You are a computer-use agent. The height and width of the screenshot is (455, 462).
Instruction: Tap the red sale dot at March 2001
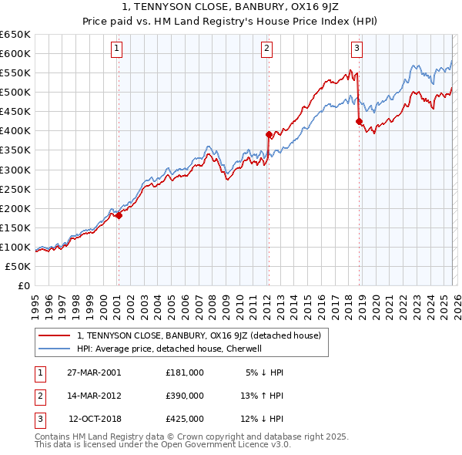point(119,216)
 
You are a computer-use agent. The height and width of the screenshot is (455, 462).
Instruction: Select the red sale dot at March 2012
point(269,134)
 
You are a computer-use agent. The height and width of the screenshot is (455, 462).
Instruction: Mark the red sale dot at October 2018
point(359,121)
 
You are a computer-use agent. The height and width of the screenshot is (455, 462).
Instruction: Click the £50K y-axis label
point(18,266)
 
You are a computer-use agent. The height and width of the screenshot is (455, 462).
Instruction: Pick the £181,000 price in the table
point(185,372)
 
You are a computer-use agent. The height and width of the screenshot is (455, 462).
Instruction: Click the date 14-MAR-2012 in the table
point(94,396)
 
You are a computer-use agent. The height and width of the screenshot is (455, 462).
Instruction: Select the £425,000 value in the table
point(185,419)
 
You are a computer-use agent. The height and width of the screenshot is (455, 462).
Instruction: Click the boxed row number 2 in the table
point(39,396)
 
